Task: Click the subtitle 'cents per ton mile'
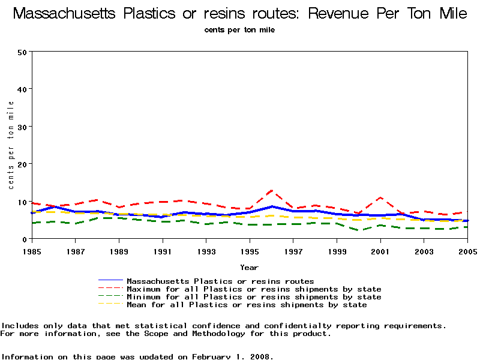239,29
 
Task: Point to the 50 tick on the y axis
23,52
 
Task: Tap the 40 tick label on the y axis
23,89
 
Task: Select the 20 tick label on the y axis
23,164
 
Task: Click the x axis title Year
250,267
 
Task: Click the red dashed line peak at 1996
272,191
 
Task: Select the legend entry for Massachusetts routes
220,281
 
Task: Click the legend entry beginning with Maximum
254,289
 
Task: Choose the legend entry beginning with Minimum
254,297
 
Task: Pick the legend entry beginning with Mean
247,305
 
